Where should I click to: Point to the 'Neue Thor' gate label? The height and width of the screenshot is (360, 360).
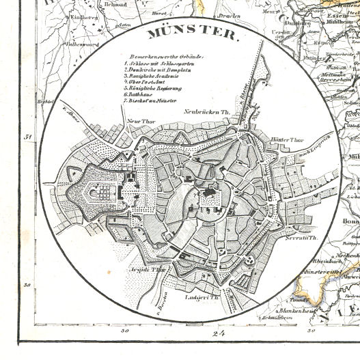(139, 122)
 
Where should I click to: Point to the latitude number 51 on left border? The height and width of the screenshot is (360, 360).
(28, 137)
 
